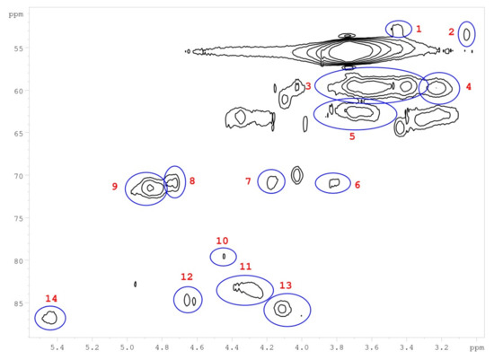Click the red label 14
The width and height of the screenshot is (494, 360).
click(x=51, y=298)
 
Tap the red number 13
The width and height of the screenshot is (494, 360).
click(x=286, y=285)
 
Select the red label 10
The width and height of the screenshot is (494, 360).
click(x=222, y=241)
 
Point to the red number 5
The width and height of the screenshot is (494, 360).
click(x=352, y=136)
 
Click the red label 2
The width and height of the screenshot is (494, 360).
click(x=452, y=31)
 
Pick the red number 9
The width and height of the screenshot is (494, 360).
click(x=115, y=187)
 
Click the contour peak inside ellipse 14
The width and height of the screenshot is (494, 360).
click(x=49, y=318)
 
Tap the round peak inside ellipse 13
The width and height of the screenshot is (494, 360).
click(x=282, y=309)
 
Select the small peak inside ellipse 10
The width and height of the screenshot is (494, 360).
click(x=224, y=257)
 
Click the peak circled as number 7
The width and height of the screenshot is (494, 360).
click(x=271, y=182)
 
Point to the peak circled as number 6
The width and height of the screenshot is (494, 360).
click(x=334, y=182)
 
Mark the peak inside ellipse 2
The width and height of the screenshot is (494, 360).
click(x=466, y=34)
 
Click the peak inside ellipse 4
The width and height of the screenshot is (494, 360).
click(x=437, y=88)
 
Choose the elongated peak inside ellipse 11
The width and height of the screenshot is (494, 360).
click(x=248, y=290)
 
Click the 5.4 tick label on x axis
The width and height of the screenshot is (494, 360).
click(x=57, y=347)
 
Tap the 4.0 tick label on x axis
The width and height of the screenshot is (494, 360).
click(x=302, y=347)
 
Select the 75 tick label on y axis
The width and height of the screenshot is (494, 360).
click(x=19, y=218)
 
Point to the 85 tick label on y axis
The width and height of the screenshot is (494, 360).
click(x=19, y=303)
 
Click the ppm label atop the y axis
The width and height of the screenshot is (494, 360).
click(x=16, y=14)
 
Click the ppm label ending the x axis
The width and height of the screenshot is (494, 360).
click(x=477, y=347)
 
